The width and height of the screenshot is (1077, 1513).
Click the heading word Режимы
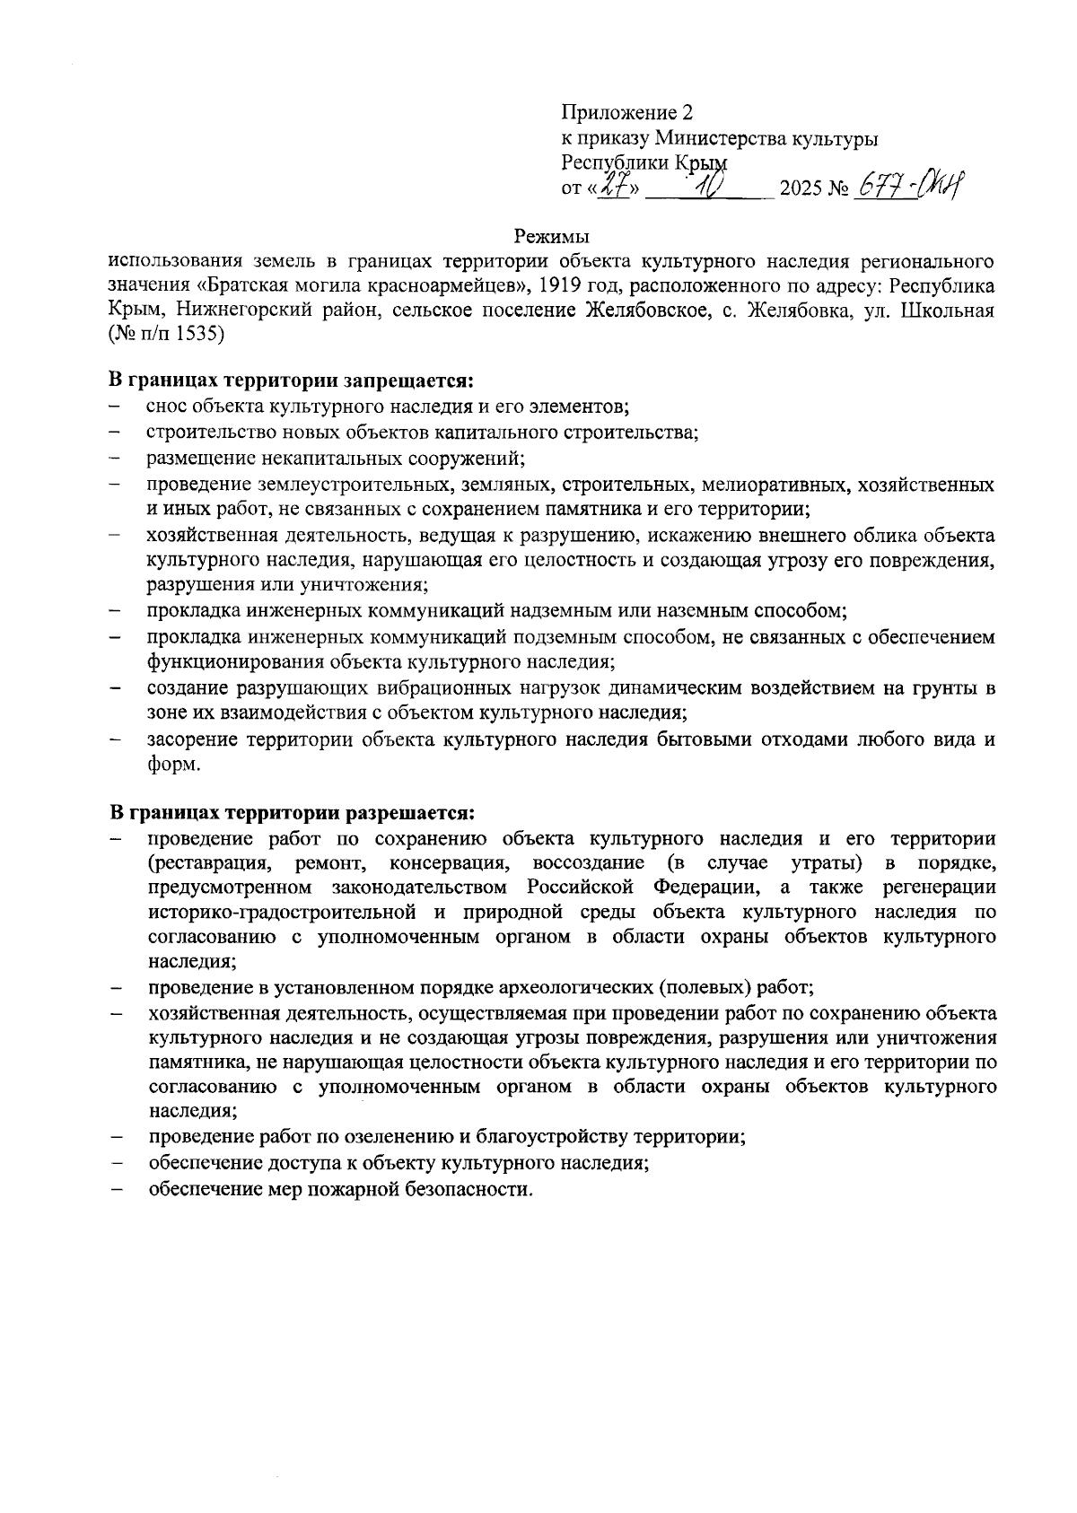click(551, 238)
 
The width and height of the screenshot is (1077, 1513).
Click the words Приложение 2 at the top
click(627, 113)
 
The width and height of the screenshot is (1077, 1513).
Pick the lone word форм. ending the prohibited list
click(174, 765)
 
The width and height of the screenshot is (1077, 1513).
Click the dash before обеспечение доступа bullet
click(116, 1164)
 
